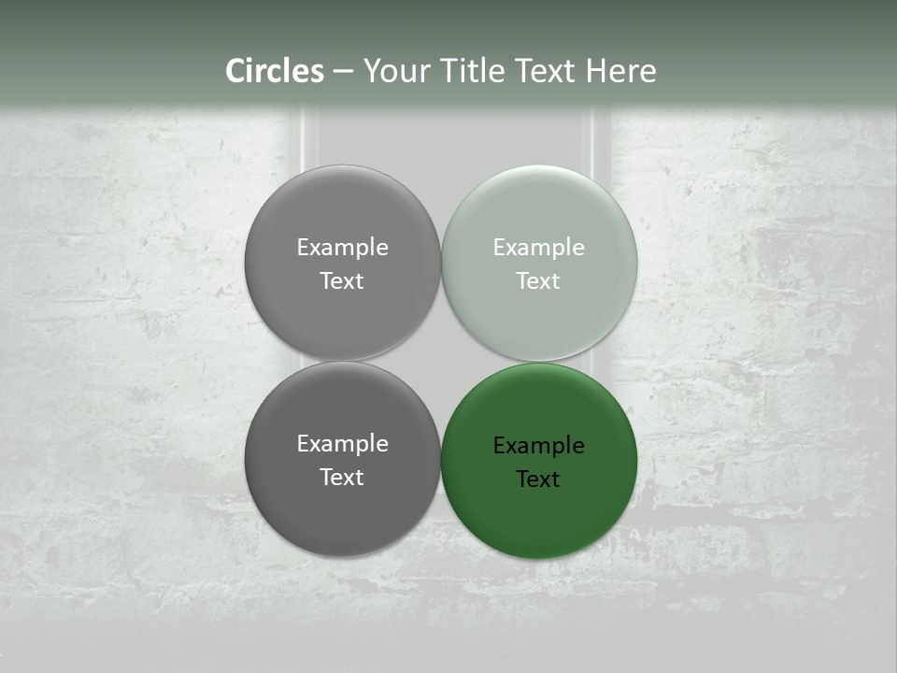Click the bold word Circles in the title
click(x=274, y=71)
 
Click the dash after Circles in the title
click(x=343, y=72)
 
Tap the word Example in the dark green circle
click(x=539, y=446)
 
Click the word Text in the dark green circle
click(x=538, y=480)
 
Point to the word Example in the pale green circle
click(x=539, y=248)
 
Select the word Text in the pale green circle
click(x=538, y=280)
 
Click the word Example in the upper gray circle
click(x=342, y=248)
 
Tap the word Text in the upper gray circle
click(x=342, y=280)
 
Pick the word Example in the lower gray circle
click(x=342, y=444)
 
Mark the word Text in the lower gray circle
click(x=342, y=477)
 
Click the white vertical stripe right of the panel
click(x=594, y=140)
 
